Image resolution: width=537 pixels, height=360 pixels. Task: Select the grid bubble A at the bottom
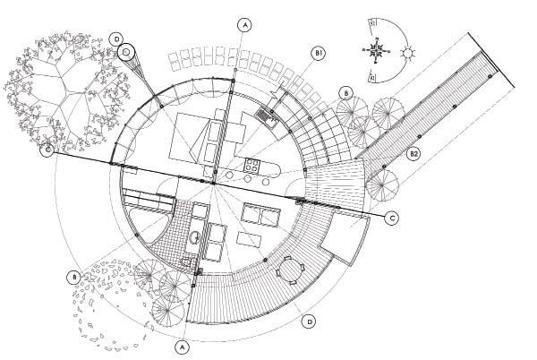(x=182, y=344)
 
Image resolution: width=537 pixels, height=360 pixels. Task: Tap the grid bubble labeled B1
(x=318, y=55)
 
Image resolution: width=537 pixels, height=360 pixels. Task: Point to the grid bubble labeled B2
(x=413, y=154)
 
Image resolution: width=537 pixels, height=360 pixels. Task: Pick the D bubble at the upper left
(x=116, y=39)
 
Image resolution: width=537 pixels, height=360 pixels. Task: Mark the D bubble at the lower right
(x=309, y=320)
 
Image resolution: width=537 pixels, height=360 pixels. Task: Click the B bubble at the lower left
(x=72, y=277)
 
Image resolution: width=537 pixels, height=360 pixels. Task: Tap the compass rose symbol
(x=379, y=50)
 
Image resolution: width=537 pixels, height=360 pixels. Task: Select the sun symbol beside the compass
(x=409, y=54)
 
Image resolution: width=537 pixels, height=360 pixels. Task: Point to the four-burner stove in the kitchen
(x=252, y=164)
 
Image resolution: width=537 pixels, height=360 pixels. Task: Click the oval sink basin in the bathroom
(x=194, y=237)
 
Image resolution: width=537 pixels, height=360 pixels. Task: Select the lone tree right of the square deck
(x=383, y=185)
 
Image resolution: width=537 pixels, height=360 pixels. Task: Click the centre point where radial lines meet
(x=215, y=184)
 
